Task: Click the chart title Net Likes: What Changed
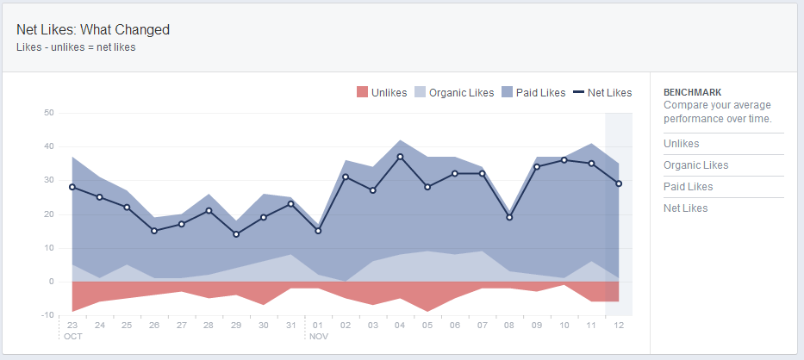point(93,29)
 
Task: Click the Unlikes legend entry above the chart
point(382,93)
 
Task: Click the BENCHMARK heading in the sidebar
point(692,92)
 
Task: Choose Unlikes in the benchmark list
point(682,144)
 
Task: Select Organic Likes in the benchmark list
point(695,165)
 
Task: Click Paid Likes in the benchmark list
point(688,187)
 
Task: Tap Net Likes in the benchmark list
point(686,208)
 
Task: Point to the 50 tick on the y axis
point(48,113)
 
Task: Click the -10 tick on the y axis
point(47,316)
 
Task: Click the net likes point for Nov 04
point(400,157)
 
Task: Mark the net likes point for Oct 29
point(236,234)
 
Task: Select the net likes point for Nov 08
point(509,217)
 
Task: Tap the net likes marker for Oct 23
point(72,187)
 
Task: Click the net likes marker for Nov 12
point(619,183)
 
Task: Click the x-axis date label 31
point(290,326)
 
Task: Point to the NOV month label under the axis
point(318,336)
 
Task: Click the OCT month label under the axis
point(72,336)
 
